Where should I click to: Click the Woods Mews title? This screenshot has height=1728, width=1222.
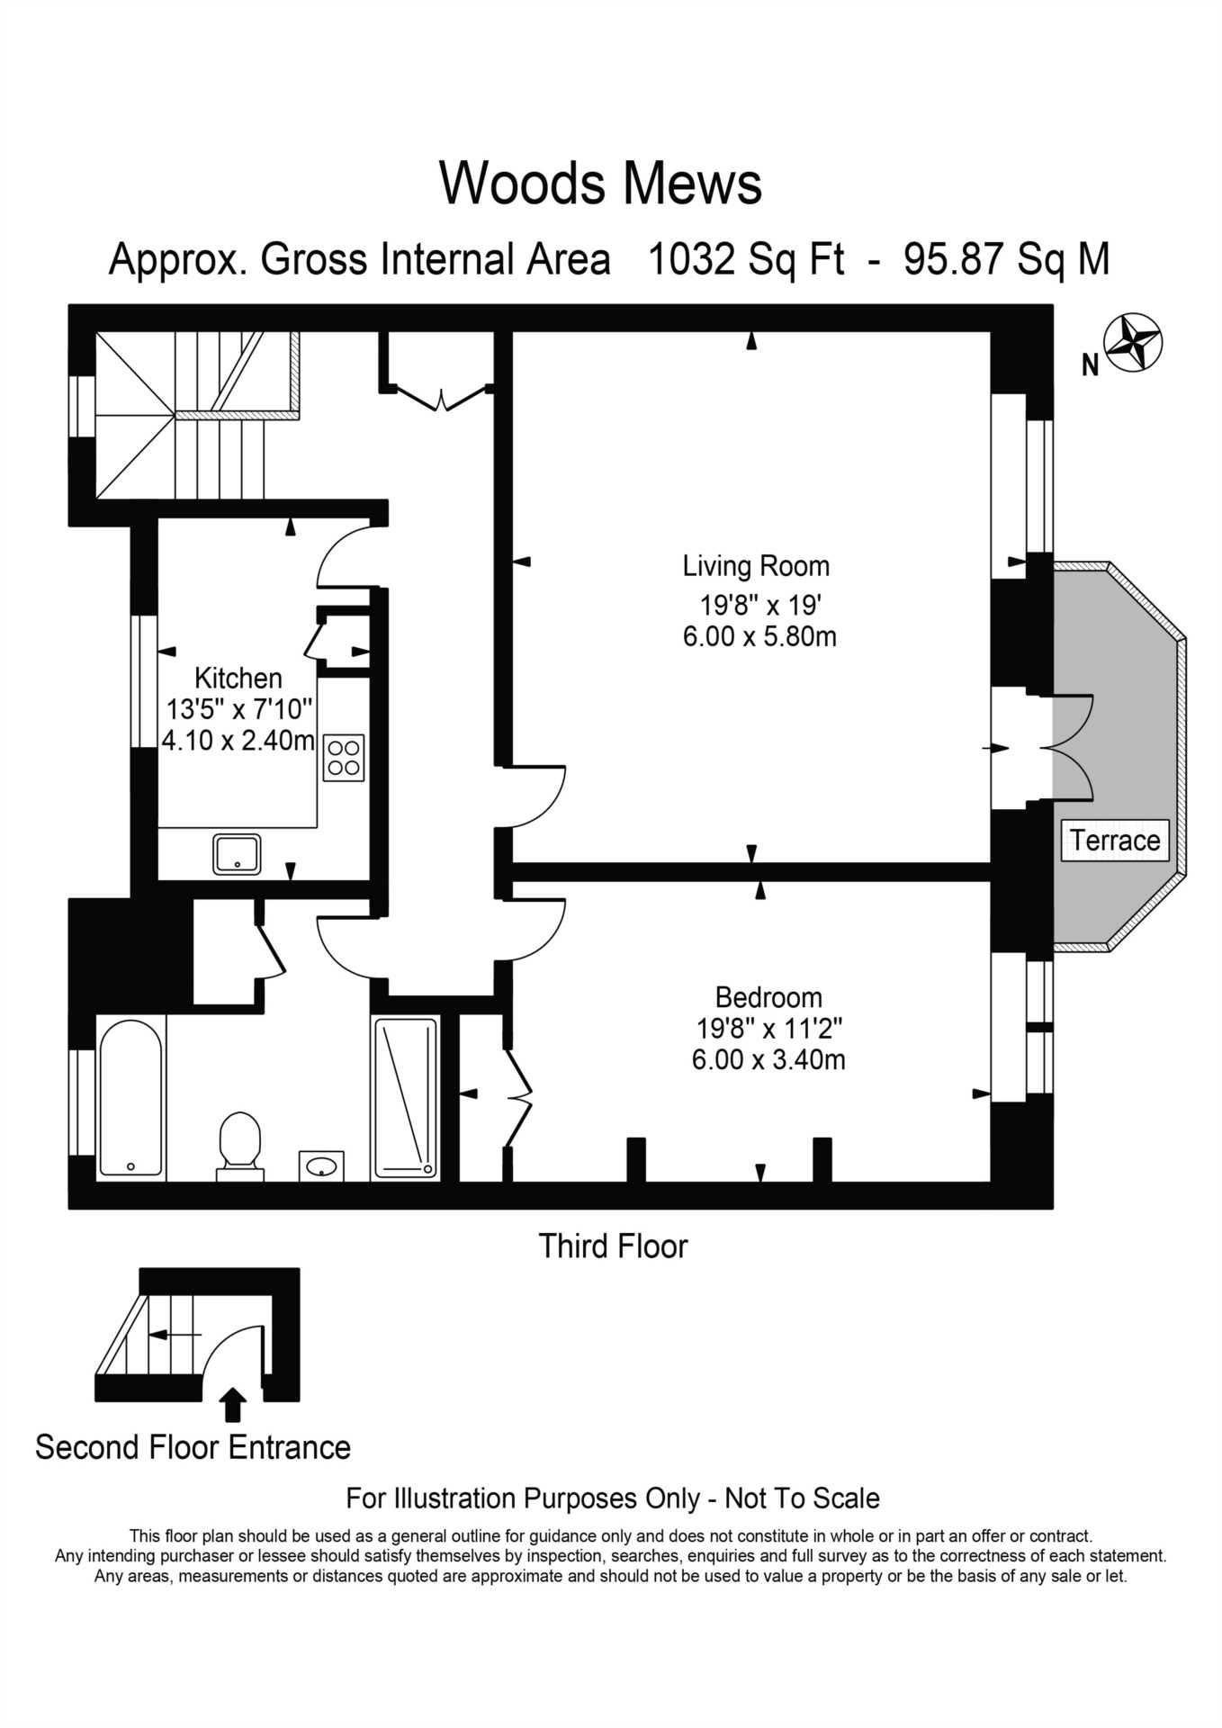[600, 184]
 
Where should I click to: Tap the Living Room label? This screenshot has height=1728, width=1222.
[755, 566]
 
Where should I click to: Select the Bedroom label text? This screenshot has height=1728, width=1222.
[768, 997]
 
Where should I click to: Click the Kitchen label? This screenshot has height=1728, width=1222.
[238, 678]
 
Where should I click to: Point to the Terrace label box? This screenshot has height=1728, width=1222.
[1114, 840]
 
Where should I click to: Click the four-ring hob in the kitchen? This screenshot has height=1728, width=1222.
[344, 758]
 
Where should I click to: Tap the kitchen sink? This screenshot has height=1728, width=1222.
[237, 853]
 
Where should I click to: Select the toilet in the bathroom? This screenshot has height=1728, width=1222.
[239, 1145]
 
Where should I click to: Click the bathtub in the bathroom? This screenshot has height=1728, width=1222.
[130, 1098]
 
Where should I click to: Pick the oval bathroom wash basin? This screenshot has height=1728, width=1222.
[321, 1166]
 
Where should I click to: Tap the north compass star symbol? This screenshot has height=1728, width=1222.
[1133, 343]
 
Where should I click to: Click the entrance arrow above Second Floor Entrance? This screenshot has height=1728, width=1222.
[233, 1404]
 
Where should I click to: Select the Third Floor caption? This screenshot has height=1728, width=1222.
[612, 1246]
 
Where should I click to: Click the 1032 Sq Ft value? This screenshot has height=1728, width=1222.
[746, 259]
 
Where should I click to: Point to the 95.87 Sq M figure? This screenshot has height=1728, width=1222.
[1006, 259]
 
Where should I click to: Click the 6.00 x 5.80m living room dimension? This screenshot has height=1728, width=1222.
[759, 636]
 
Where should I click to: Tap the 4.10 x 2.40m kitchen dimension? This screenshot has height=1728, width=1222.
[238, 740]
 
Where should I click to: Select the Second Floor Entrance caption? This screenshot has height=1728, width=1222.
[193, 1447]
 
